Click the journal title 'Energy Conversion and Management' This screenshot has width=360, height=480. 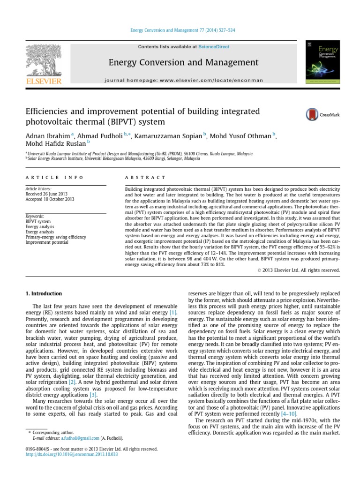(183, 62)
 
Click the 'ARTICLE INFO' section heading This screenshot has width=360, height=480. (54, 178)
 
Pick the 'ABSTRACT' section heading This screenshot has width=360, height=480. (145, 178)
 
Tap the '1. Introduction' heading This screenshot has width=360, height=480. (43, 294)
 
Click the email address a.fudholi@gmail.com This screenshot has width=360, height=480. (80, 438)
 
